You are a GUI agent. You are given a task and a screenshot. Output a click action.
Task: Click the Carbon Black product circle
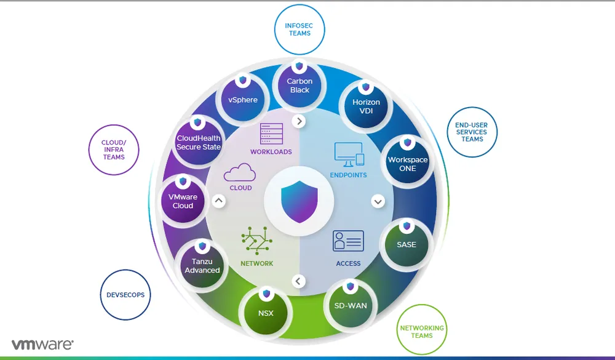300,85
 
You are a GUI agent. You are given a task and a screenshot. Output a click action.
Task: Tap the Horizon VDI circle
366,106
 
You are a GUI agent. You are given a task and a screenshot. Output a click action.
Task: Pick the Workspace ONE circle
407,163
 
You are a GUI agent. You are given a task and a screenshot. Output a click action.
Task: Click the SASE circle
406,244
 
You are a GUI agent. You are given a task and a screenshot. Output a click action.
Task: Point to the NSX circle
266,313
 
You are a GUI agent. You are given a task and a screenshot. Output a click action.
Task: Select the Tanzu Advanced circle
202,265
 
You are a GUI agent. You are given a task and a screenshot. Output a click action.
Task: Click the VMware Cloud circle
183,201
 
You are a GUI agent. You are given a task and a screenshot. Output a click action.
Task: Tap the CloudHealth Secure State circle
198,142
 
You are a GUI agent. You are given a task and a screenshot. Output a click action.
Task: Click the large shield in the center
299,201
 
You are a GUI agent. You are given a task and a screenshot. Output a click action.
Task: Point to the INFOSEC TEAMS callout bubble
300,30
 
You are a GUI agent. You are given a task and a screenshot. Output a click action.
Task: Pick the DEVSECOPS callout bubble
125,295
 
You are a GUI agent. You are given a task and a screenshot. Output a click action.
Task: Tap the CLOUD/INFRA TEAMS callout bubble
114,150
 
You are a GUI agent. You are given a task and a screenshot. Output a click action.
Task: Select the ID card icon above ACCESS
348,241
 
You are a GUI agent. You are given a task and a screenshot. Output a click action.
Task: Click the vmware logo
42,344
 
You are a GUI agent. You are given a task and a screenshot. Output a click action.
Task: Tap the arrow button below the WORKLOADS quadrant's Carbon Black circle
300,121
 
